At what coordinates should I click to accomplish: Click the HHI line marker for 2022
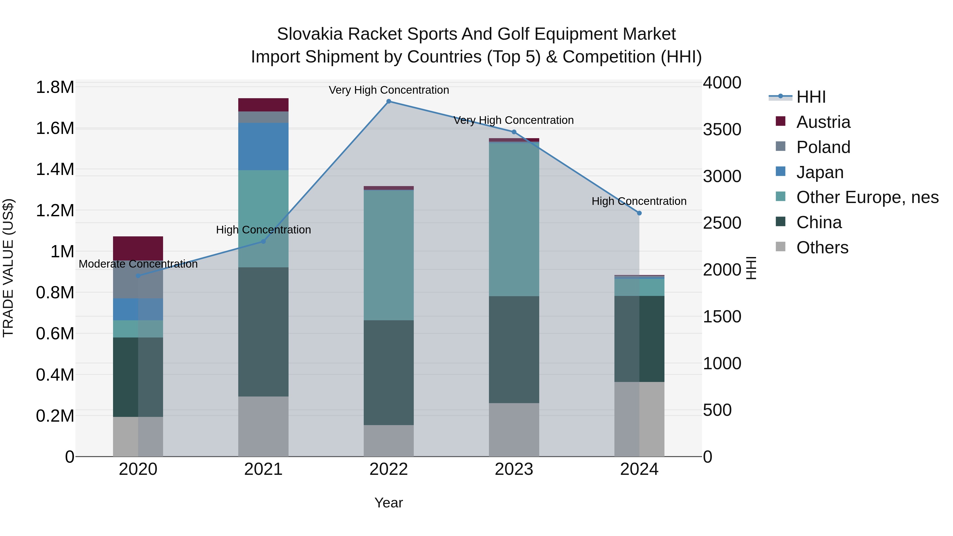pyautogui.click(x=388, y=101)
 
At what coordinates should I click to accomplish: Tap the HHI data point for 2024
pyautogui.click(x=639, y=213)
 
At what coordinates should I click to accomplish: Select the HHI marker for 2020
pyautogui.click(x=138, y=276)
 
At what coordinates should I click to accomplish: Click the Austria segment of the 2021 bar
pyautogui.click(x=263, y=105)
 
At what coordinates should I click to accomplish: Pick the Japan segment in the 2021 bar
pyautogui.click(x=263, y=146)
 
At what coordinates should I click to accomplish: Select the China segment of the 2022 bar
pyautogui.click(x=388, y=372)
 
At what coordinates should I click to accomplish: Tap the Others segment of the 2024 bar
pyautogui.click(x=639, y=419)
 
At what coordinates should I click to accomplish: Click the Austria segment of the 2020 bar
pyautogui.click(x=138, y=248)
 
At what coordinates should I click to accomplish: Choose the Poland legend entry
pyautogui.click(x=823, y=147)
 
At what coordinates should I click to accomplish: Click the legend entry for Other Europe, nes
pyautogui.click(x=867, y=197)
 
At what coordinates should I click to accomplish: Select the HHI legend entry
pyautogui.click(x=811, y=97)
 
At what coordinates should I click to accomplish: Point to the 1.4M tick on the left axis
pyautogui.click(x=55, y=169)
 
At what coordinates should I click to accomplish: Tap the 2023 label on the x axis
pyautogui.click(x=514, y=469)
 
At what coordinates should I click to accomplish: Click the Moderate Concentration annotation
pyautogui.click(x=138, y=264)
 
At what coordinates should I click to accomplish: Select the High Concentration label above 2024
pyautogui.click(x=639, y=201)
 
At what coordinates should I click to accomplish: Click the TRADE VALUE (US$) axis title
pyautogui.click(x=8, y=268)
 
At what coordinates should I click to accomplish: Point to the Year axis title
pyautogui.click(x=388, y=503)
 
